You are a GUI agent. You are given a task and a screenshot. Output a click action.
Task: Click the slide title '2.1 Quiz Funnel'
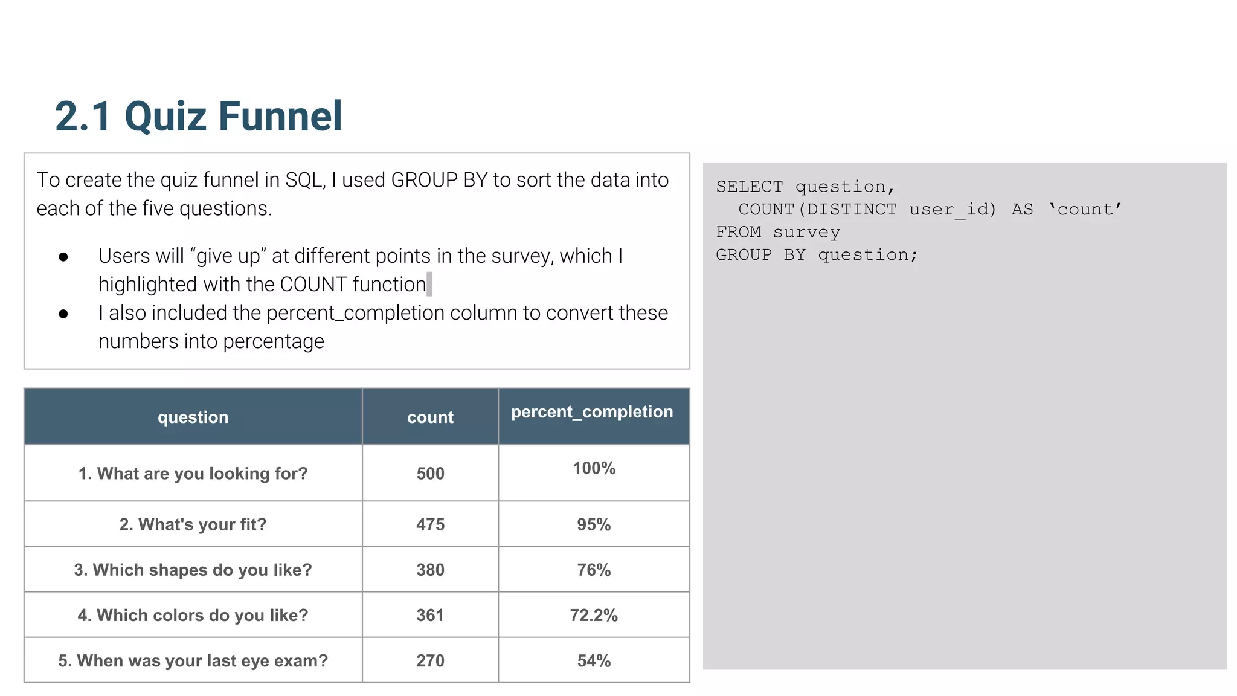198,116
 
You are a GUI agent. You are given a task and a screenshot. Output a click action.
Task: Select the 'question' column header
193,417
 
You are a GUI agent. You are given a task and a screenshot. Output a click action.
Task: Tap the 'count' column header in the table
430,417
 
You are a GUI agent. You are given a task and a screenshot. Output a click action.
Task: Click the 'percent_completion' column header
592,412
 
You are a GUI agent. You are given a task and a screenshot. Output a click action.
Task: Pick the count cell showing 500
430,474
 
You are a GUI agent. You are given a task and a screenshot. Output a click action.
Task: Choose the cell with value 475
430,524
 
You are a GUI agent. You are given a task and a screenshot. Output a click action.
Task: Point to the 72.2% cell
594,616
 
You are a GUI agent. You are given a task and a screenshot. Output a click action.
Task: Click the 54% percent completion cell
594,661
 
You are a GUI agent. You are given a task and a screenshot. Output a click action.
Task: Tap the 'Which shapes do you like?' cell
193,570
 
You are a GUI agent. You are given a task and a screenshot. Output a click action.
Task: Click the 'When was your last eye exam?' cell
193,661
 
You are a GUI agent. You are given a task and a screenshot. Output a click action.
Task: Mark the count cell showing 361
430,616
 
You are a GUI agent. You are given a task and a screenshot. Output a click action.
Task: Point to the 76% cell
594,570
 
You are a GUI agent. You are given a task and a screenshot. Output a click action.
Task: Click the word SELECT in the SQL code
749,187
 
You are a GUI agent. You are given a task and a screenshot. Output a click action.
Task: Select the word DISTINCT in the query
852,210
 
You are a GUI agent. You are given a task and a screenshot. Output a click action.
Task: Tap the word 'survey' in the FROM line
806,233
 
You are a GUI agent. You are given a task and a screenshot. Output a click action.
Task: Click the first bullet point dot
63,257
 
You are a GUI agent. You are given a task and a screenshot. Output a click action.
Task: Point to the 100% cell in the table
594,468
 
